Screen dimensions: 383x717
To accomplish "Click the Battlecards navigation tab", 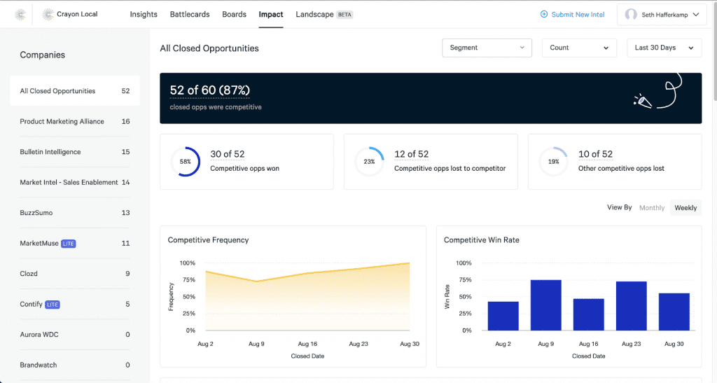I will (190, 14).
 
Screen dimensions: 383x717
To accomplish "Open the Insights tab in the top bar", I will (144, 14).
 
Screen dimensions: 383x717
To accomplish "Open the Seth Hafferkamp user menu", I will (661, 15).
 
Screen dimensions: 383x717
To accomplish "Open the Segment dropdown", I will (487, 48).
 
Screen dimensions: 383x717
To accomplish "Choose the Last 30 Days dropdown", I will (664, 48).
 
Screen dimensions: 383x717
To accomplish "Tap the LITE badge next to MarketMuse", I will (68, 244).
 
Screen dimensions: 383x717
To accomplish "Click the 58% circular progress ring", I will (185, 162).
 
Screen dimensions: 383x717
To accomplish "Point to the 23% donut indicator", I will (369, 162).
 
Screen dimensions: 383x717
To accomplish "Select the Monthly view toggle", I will (652, 208).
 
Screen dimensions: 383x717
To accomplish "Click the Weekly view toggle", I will (685, 208).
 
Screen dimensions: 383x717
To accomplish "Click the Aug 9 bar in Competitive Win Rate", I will (545, 305).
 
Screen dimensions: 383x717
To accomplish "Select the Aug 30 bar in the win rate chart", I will (674, 312).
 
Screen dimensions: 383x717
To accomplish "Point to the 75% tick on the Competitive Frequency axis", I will (188, 280).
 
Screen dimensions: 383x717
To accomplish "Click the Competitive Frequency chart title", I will (208, 240).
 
